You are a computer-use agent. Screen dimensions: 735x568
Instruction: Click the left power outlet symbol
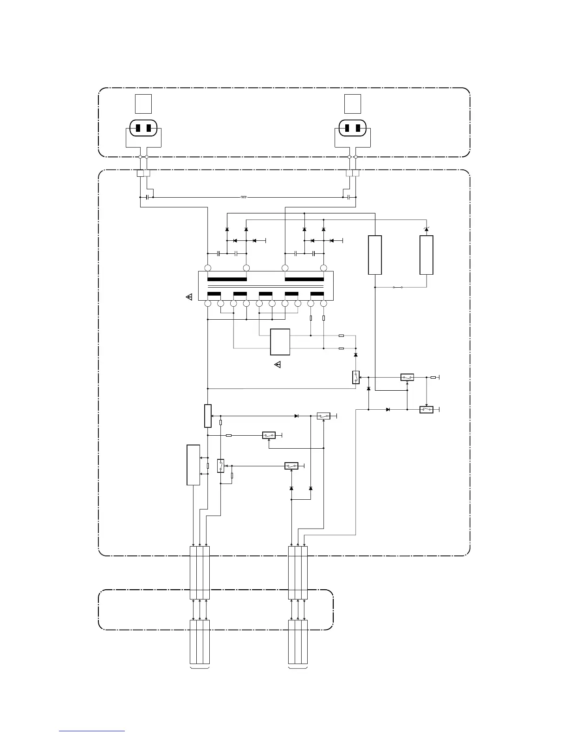[x=143, y=128]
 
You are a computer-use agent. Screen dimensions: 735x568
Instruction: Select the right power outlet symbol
[x=352, y=128]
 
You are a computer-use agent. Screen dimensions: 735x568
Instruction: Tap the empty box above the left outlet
[x=143, y=103]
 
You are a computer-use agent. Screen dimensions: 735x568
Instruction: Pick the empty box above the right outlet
[x=353, y=103]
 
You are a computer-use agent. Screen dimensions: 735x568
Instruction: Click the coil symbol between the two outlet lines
[x=244, y=197]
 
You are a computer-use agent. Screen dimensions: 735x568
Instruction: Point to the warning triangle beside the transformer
[x=189, y=297]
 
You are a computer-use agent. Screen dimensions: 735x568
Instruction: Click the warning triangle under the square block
[x=278, y=365]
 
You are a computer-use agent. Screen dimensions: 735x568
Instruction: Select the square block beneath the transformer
[x=280, y=342]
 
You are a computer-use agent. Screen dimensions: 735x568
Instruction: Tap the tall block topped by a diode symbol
[x=426, y=255]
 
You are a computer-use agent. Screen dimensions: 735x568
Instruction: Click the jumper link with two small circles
[x=398, y=287]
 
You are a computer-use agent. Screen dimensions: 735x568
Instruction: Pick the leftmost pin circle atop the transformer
[x=208, y=268]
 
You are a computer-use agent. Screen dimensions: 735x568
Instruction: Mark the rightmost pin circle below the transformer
[x=323, y=303]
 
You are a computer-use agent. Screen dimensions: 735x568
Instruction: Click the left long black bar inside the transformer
[x=227, y=279]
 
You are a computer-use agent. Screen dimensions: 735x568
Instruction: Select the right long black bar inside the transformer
[x=304, y=279]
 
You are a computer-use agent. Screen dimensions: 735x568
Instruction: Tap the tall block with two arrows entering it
[x=194, y=465]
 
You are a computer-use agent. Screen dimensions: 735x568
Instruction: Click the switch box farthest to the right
[x=426, y=410]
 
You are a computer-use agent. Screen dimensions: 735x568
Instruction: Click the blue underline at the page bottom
[x=92, y=731]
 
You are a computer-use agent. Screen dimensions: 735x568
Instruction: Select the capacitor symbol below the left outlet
[x=147, y=197]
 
